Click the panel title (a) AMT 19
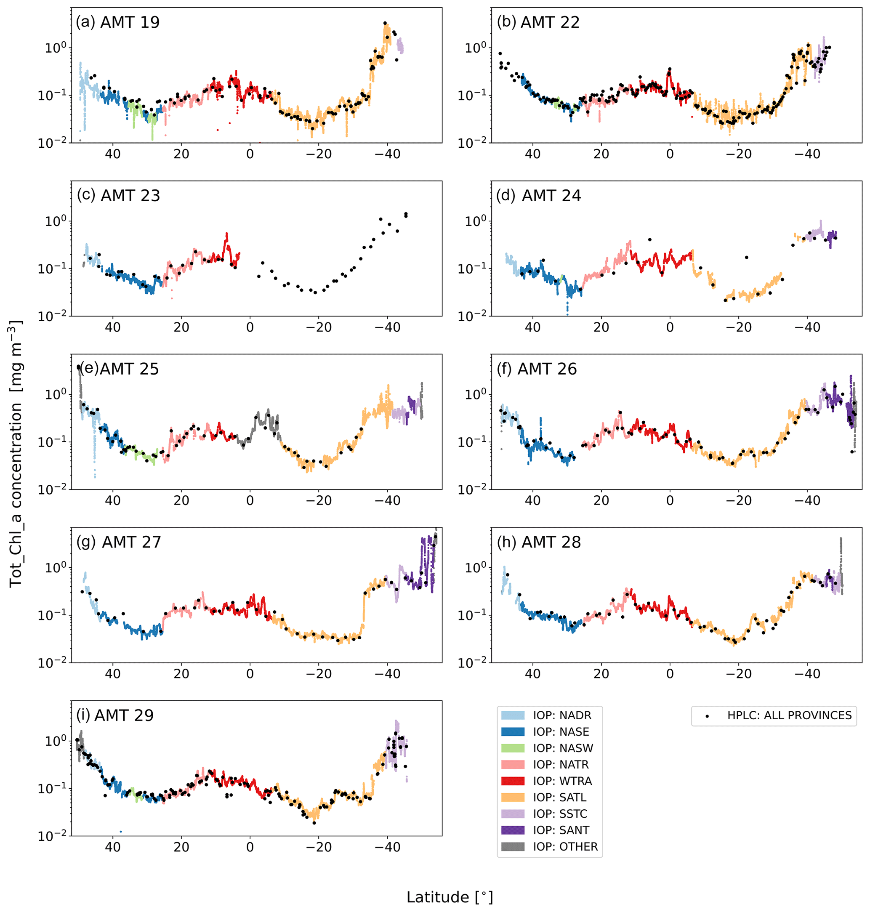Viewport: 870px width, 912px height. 118,22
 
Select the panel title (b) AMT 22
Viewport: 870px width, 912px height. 538,22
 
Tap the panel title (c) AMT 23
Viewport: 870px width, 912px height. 118,196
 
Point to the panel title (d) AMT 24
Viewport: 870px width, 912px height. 538,196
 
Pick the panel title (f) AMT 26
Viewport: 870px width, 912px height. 537,369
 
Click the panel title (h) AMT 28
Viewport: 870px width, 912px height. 538,542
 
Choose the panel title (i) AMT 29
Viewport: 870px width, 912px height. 114,715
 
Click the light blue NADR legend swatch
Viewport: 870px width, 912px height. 513,715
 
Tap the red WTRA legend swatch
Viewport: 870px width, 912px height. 513,781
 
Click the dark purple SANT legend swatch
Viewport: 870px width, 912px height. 513,830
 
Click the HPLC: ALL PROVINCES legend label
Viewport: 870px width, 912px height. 789,715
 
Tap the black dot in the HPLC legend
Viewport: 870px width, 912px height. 707,716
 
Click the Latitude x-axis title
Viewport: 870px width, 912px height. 450,897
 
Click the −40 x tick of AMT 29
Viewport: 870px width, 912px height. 387,847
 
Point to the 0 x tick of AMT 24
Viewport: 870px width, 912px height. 670,327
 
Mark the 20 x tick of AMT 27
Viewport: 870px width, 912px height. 181,674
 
